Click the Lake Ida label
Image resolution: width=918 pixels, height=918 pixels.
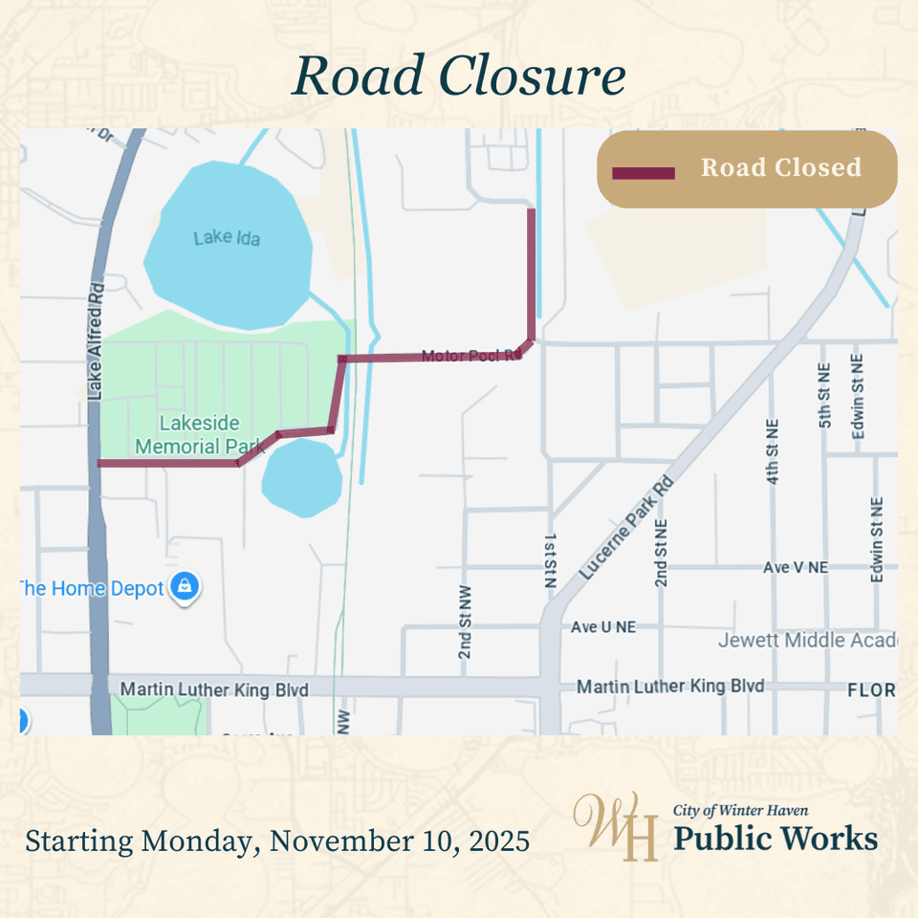coord(227,237)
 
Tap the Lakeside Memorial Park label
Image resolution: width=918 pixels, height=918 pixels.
coord(200,435)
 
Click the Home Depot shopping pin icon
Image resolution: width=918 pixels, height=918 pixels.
coord(185,586)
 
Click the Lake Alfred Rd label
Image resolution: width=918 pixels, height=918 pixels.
coord(95,345)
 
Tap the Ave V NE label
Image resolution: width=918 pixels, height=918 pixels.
coord(795,568)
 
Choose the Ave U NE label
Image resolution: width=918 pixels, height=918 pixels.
coord(602,627)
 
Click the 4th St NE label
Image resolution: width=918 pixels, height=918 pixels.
coord(773,449)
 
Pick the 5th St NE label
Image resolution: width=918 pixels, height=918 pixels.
coord(825,394)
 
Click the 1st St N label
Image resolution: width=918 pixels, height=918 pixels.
coord(550,559)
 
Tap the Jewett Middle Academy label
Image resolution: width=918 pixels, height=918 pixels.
coord(807,640)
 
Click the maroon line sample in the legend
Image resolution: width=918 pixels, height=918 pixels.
coord(643,173)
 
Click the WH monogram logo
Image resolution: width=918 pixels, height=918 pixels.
coord(615,825)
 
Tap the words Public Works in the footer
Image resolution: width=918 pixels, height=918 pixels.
coord(776,839)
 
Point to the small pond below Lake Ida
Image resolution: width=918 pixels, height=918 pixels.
coord(302,479)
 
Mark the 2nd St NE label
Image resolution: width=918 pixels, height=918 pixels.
coord(661,553)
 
